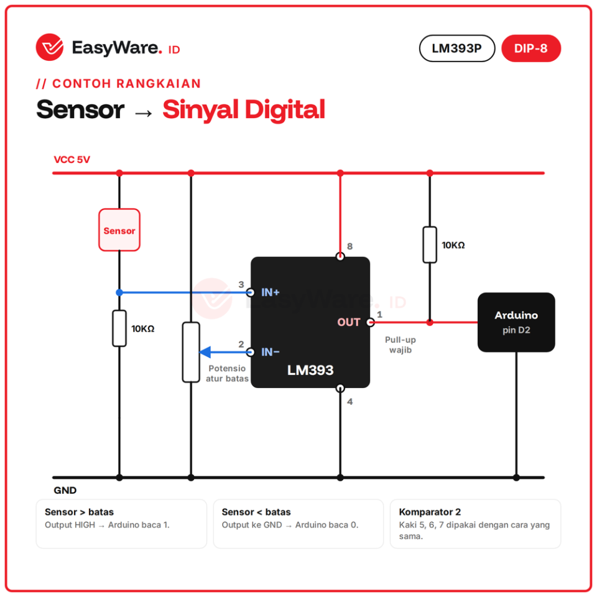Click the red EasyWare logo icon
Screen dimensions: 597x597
[50, 47]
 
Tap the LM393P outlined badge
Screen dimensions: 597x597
[457, 49]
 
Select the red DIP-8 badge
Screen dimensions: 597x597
[530, 49]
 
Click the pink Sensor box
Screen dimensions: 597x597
[119, 230]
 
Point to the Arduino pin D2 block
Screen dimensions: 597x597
[516, 322]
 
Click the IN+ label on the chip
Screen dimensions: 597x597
[271, 292]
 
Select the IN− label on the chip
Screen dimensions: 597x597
[271, 352]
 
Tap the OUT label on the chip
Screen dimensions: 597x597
[348, 322]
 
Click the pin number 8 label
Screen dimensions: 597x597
[350, 246]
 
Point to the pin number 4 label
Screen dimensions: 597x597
[350, 402]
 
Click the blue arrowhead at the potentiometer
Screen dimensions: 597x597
[205, 352]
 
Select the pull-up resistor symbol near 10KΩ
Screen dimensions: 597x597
[430, 245]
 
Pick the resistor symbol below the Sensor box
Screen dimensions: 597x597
[119, 328]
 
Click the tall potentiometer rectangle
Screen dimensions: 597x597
[191, 352]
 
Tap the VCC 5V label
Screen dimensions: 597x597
[72, 160]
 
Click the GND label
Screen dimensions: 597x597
[65, 491]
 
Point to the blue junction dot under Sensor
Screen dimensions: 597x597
[119, 292]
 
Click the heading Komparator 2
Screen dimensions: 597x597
[430, 512]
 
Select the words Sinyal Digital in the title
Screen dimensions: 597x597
[244, 109]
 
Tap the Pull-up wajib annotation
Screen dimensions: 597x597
[400, 345]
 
